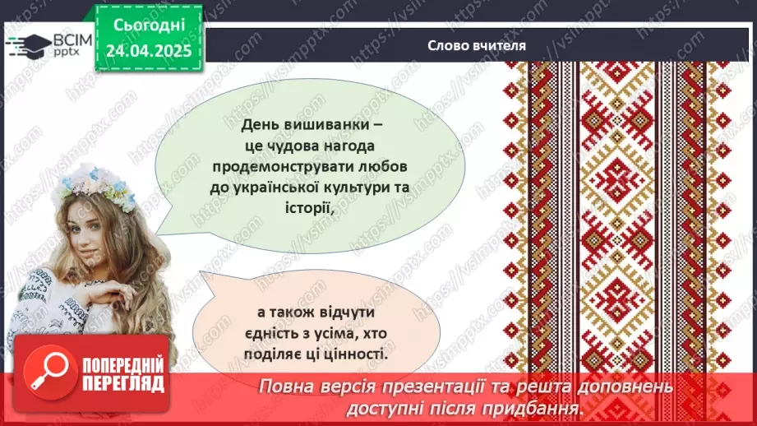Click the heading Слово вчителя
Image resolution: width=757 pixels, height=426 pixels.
pyautogui.click(x=476, y=47)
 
